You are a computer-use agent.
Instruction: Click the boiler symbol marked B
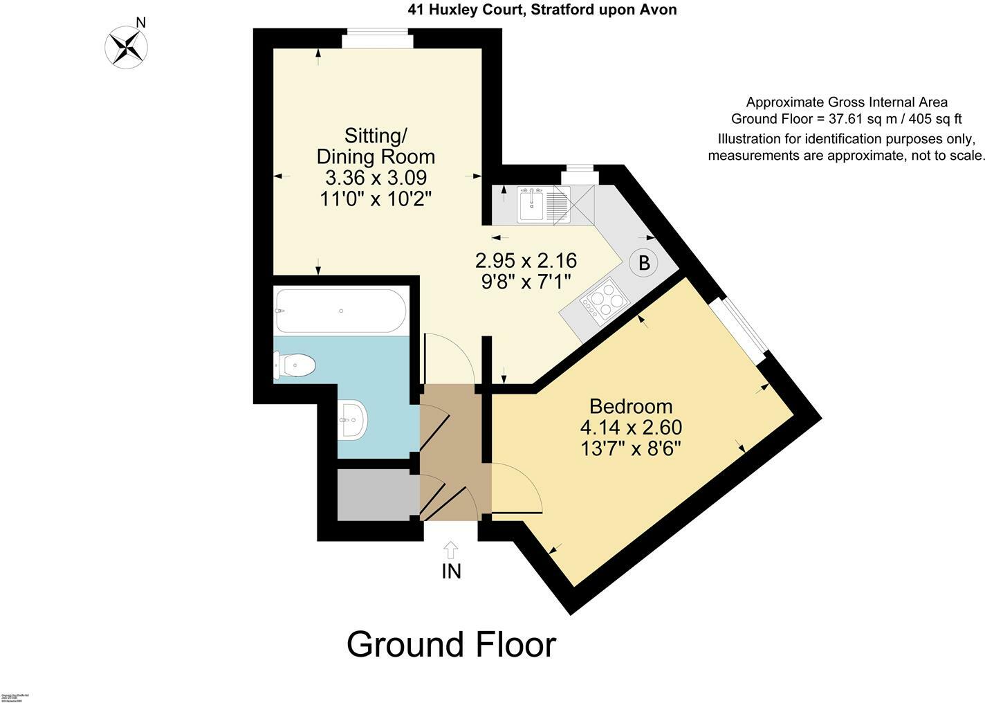click(644, 263)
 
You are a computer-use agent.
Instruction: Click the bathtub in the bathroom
click(340, 311)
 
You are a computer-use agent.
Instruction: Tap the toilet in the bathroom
click(295, 365)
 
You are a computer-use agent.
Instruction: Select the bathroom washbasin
click(353, 419)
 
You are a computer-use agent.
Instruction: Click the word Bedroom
click(630, 406)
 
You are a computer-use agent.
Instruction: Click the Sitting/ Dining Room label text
click(376, 145)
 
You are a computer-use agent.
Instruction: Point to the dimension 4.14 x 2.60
click(631, 428)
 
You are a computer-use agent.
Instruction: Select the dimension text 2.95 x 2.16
click(526, 261)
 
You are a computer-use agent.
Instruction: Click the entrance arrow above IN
click(450, 550)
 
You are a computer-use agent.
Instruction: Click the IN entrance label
click(451, 571)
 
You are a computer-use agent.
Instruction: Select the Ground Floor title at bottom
click(451, 644)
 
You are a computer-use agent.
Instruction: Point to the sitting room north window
click(377, 41)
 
